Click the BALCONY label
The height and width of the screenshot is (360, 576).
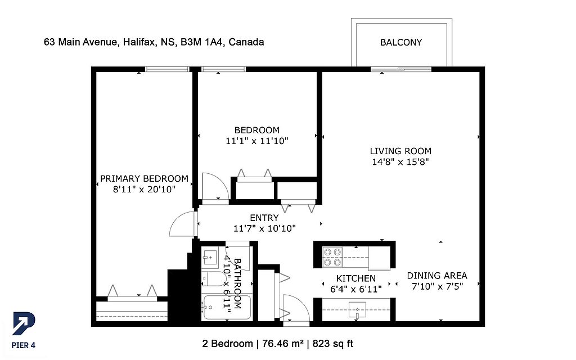point(400,42)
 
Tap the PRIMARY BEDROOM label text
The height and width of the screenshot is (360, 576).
point(144,179)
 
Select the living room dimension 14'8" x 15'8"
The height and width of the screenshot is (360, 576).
point(400,161)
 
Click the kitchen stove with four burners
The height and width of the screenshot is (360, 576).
point(332,256)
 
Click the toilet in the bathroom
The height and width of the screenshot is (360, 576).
point(214,279)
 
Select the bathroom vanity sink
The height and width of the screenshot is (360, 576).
point(210,257)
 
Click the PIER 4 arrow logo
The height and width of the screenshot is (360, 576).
point(24,323)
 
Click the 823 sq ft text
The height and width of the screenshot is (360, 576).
point(333,344)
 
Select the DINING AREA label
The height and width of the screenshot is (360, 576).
point(437,276)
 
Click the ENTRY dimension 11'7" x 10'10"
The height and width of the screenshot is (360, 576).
point(264,228)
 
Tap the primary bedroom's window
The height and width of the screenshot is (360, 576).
point(167,69)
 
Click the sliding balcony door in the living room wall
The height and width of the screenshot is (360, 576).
point(400,69)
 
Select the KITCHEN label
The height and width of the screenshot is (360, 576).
point(356,278)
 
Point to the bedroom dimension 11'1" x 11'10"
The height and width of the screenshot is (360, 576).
point(257,141)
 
